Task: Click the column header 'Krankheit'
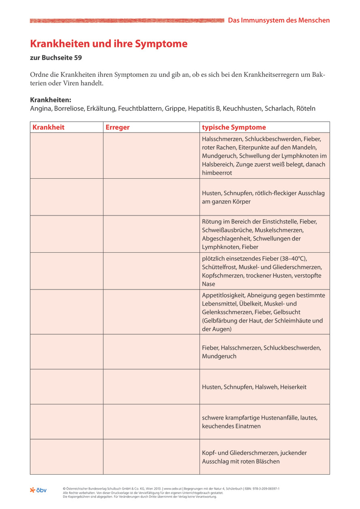point(49,127)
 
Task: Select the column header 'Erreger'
point(117,127)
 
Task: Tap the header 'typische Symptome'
point(234,127)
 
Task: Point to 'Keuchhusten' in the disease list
point(241,108)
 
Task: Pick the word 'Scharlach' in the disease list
point(280,108)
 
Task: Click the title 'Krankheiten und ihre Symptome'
point(109,44)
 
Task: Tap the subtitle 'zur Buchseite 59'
point(56,58)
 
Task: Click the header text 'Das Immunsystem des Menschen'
point(279,20)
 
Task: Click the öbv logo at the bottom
point(38,490)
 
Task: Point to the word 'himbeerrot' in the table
point(217,173)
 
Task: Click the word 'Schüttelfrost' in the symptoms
point(219,267)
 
